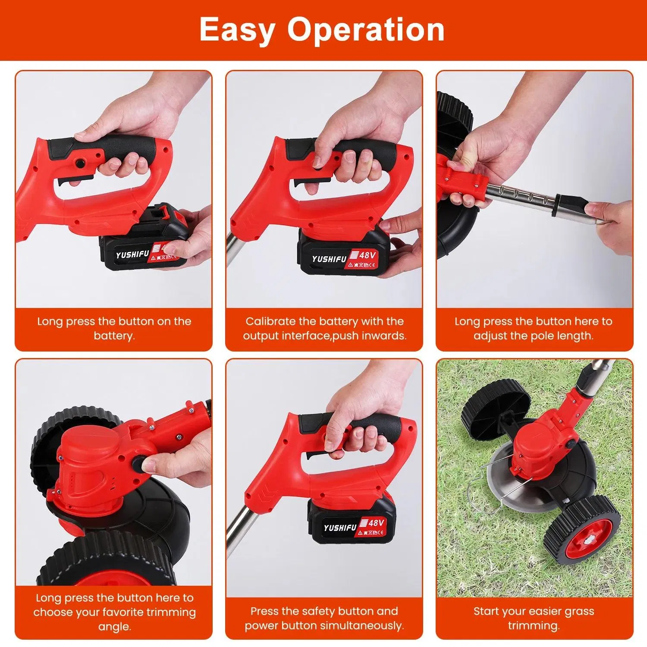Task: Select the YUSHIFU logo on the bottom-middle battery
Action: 340,528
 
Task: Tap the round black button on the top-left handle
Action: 80,163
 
